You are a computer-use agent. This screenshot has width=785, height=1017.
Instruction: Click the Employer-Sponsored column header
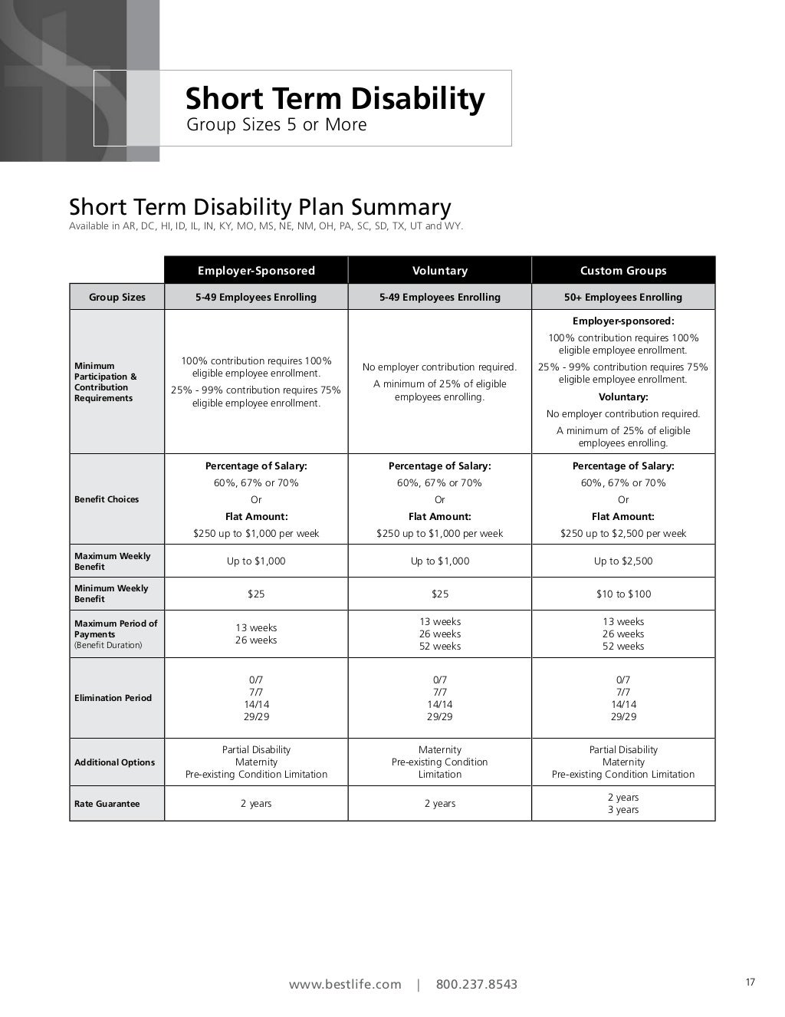coord(256,271)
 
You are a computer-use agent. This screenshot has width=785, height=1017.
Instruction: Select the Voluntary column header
coord(439,271)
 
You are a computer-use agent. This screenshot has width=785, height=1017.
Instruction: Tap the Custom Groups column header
coord(623,271)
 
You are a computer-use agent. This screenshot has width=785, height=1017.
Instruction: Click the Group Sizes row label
coord(117,297)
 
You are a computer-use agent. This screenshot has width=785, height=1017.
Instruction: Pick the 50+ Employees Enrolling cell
coord(623,297)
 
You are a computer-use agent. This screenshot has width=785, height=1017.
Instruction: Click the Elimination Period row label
coord(113,698)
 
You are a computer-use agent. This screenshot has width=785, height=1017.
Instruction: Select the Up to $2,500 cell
coord(623,561)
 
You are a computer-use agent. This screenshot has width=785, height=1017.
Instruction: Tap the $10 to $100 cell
coord(623,594)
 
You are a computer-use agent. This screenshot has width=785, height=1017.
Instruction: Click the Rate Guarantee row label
coord(107,804)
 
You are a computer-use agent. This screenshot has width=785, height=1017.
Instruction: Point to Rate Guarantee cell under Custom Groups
coord(623,803)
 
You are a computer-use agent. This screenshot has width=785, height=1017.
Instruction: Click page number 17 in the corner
coord(750,982)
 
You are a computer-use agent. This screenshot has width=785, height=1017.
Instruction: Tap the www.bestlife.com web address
coord(345,984)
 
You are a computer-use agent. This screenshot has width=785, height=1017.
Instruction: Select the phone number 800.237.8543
coord(477,984)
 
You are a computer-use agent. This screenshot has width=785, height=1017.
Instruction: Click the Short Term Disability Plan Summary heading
coord(260,207)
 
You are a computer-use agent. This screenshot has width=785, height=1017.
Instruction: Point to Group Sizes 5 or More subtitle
coord(277,124)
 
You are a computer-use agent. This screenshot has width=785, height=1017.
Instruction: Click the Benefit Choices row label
coord(107,499)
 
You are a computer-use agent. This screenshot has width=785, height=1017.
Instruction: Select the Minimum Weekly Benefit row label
coord(111,594)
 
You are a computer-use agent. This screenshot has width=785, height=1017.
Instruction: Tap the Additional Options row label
coord(114,762)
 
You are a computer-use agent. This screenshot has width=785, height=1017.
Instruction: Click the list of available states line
coord(266,226)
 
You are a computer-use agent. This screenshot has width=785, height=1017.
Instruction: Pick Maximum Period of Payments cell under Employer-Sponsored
coord(256,634)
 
